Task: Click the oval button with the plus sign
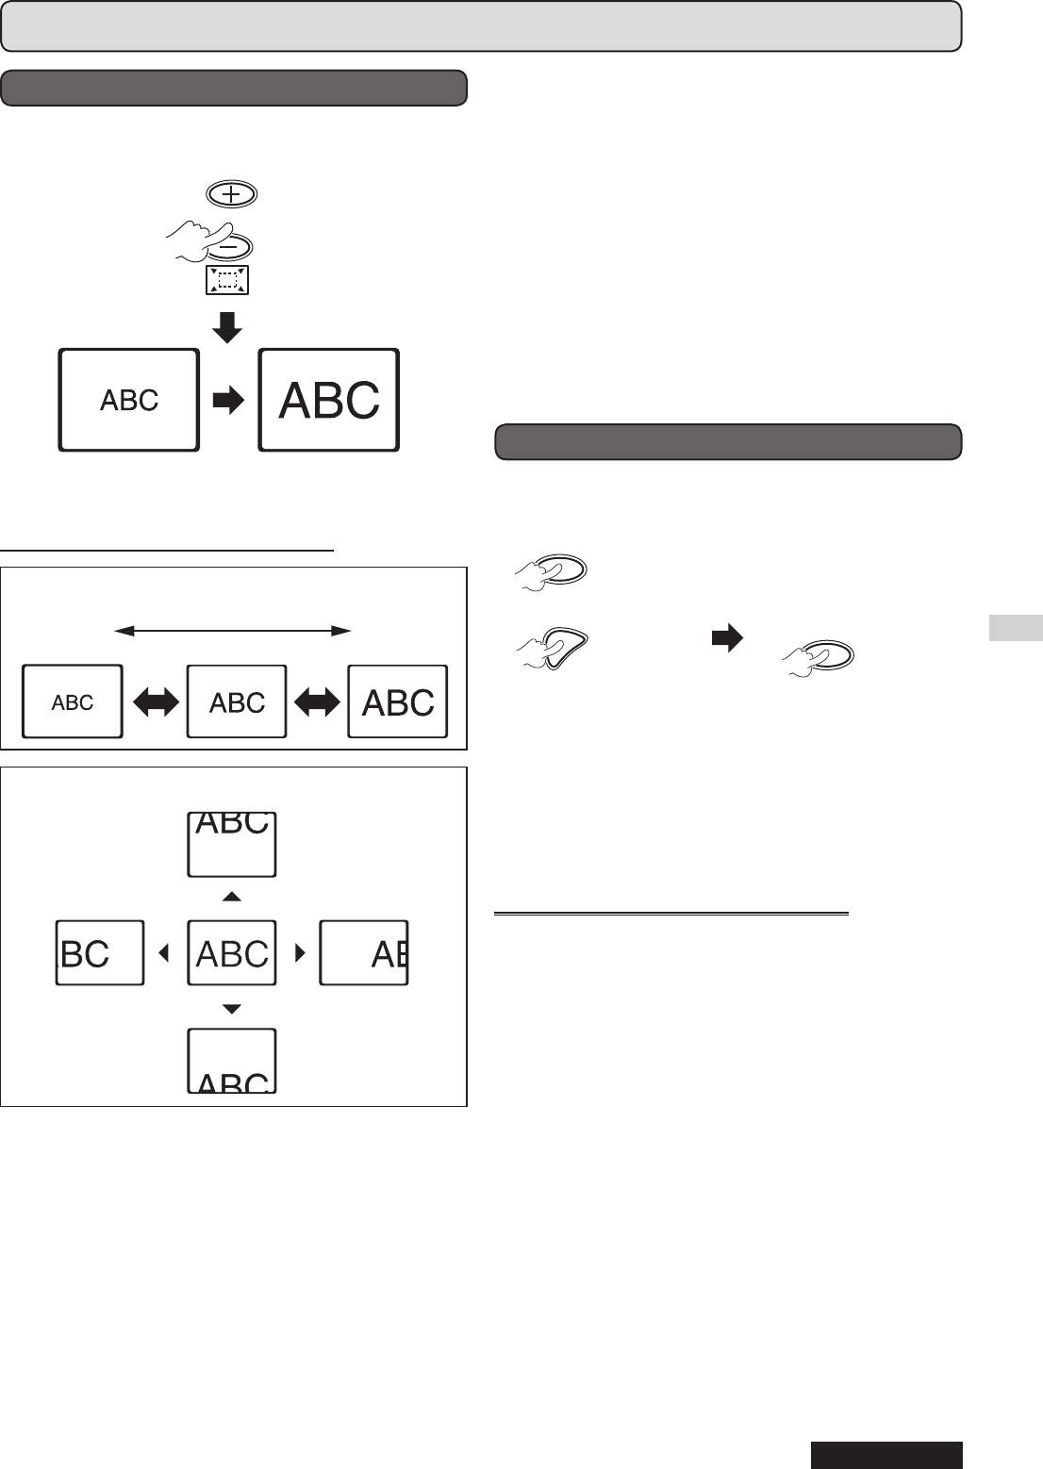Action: click(x=231, y=195)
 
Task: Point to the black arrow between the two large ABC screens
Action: click(x=228, y=401)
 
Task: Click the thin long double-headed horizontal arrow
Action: click(x=232, y=630)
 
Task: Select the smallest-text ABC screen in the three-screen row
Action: click(x=73, y=701)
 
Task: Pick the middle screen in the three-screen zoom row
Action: click(x=237, y=701)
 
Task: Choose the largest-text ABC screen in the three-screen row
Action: click(x=398, y=701)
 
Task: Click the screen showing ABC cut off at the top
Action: click(x=232, y=844)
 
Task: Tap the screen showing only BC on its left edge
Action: click(x=100, y=953)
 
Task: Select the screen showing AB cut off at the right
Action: click(x=364, y=953)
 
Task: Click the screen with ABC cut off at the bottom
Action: click(x=232, y=1061)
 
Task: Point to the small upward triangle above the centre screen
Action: click(x=232, y=896)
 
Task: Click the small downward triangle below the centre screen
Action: click(x=232, y=1009)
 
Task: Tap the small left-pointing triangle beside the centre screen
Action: click(x=164, y=953)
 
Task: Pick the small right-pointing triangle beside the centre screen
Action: click(x=301, y=953)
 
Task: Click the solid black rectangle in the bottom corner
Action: click(x=886, y=1455)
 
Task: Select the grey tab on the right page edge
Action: click(x=1016, y=627)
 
